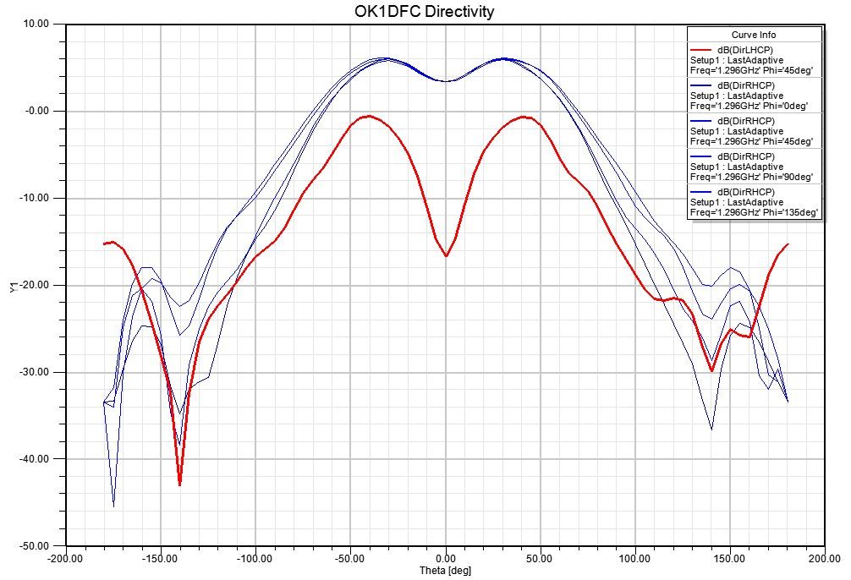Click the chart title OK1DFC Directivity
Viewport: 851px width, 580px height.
click(x=424, y=11)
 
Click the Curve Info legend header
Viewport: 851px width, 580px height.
click(x=754, y=35)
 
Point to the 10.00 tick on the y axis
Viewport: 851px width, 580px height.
click(x=39, y=25)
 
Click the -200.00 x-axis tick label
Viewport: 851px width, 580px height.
click(x=66, y=558)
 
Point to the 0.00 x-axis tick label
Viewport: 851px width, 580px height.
click(x=446, y=558)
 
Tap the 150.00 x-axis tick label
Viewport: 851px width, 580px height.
click(x=730, y=558)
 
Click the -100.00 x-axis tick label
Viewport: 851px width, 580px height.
click(x=255, y=558)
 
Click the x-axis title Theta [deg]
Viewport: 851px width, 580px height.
click(x=445, y=571)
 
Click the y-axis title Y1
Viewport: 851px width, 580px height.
click(x=13, y=287)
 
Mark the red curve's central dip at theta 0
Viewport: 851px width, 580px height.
click(x=446, y=255)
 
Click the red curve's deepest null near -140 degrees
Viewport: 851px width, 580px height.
click(x=179, y=484)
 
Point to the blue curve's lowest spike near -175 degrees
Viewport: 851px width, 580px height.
click(x=113, y=506)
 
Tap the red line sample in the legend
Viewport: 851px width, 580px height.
click(x=703, y=49)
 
